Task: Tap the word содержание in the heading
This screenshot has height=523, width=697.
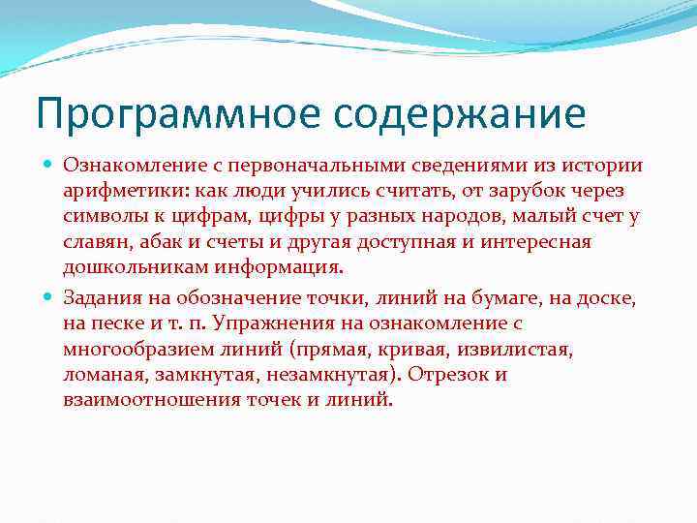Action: tap(461, 114)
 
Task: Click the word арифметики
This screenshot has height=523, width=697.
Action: tap(113, 192)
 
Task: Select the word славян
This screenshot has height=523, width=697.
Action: tap(93, 242)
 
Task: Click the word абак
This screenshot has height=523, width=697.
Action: tap(152, 242)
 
